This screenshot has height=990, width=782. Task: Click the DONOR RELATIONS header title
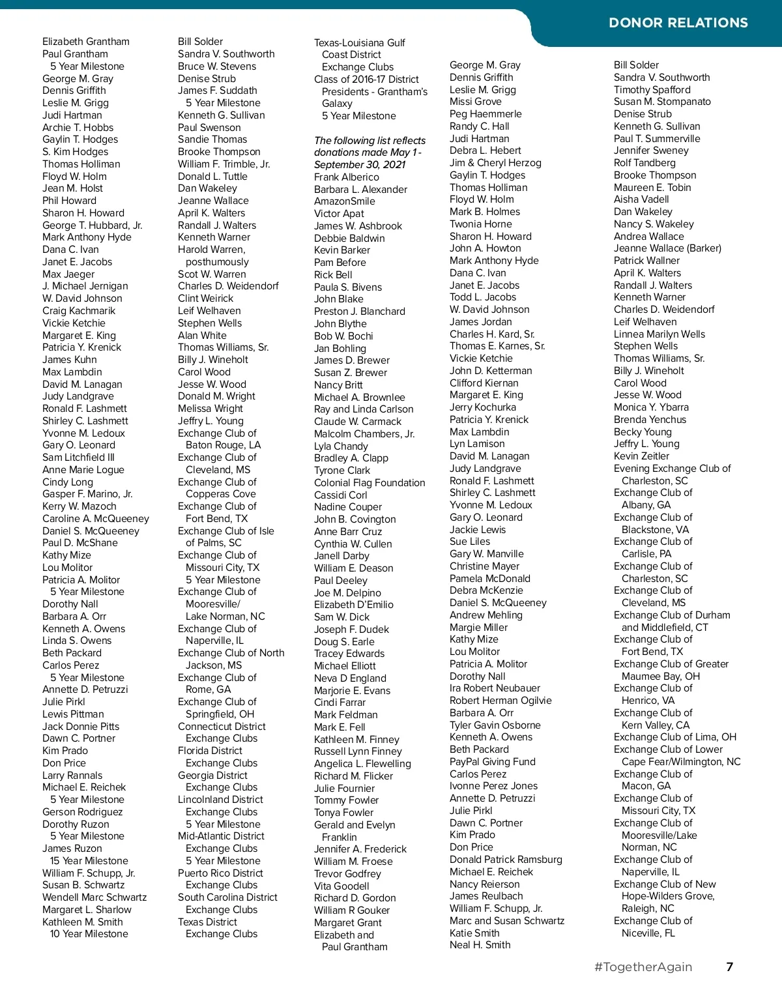678,23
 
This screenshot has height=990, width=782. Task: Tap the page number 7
730,967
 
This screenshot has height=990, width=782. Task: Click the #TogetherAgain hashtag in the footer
643,967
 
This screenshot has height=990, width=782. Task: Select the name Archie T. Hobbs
78,128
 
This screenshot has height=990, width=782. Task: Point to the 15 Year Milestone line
89,861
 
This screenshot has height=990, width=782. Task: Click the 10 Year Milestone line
89,934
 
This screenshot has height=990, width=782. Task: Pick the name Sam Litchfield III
78,458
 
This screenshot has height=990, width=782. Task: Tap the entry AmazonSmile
344,201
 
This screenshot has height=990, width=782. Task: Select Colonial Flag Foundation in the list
369,483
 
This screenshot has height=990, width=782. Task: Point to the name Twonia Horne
480,224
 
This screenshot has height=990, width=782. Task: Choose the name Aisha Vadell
641,199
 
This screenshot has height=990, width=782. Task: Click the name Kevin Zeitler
641,456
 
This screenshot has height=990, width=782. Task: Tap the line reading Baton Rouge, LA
223,445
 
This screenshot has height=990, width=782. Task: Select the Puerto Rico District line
220,873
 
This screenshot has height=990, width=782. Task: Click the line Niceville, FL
648,933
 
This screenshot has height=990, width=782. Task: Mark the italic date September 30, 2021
360,165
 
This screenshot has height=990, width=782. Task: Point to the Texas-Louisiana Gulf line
359,43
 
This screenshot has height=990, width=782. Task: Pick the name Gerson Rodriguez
82,812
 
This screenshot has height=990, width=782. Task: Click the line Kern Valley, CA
655,725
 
